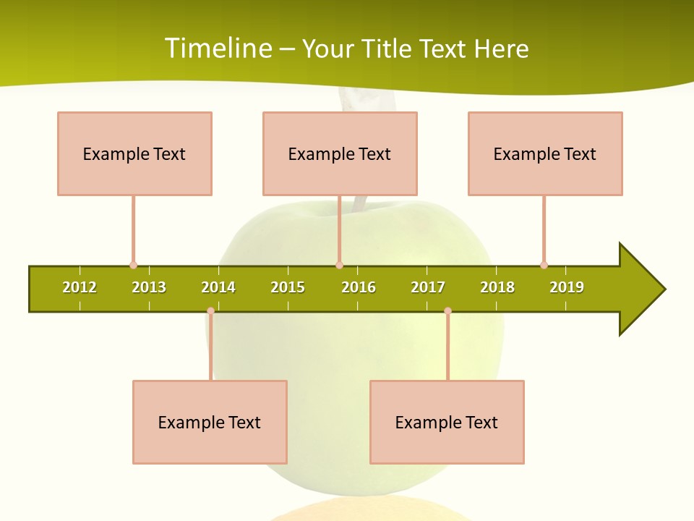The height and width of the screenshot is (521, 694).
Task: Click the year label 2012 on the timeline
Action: coord(80,287)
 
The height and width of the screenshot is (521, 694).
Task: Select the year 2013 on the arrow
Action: coord(149,287)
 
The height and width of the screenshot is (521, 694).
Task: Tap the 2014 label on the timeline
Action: coord(218,287)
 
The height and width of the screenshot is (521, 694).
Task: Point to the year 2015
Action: coord(288,287)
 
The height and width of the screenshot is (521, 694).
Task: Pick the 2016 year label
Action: coord(359,287)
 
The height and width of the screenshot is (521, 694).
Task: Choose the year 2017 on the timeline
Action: coord(428,287)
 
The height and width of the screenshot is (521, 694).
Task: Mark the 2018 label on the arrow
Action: coord(497,287)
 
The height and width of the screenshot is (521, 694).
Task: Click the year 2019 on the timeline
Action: coord(567,287)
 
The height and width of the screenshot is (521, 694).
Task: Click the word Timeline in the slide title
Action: coord(218,48)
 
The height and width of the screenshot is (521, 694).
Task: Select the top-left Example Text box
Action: coord(134,153)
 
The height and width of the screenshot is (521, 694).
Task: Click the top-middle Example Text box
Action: coord(340,153)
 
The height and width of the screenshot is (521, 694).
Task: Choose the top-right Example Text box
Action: coord(545,153)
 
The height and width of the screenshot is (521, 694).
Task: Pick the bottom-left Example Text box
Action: coord(210,422)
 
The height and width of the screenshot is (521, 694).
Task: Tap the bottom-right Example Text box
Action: coord(447,422)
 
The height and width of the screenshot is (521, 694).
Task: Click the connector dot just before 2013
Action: coord(133,265)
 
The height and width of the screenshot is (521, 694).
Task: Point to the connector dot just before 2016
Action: coord(339,265)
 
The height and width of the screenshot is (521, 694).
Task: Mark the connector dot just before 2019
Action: coord(544,265)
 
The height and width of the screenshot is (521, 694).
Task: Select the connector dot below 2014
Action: coord(210,311)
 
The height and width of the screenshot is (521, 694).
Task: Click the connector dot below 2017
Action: coord(447,311)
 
